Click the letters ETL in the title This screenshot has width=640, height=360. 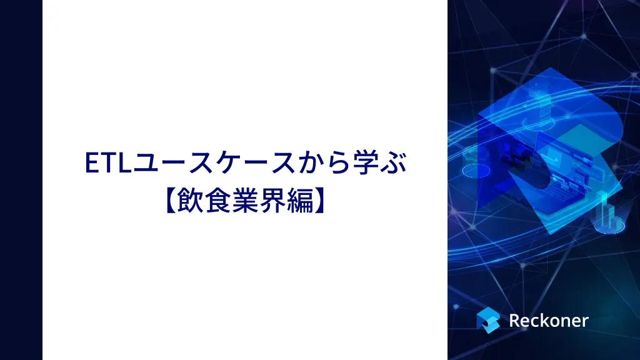pos(107,163)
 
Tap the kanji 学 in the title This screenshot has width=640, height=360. pos(365,163)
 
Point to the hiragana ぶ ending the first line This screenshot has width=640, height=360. pos(394,163)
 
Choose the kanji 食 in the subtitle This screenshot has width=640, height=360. pos(217,201)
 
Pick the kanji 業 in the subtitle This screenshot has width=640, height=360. pos(245,201)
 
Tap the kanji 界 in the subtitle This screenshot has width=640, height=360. pos(272,201)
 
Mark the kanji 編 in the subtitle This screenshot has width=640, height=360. pos(299,201)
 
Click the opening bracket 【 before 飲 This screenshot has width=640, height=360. pos(170,201)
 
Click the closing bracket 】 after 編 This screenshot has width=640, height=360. pos(320,201)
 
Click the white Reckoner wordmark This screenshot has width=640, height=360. pos(549,321)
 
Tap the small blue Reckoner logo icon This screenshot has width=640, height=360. pos(488,320)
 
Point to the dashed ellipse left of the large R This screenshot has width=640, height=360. pos(476,171)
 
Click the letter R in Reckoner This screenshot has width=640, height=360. pos(515,321)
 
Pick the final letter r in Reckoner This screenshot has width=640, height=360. pos(585,322)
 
